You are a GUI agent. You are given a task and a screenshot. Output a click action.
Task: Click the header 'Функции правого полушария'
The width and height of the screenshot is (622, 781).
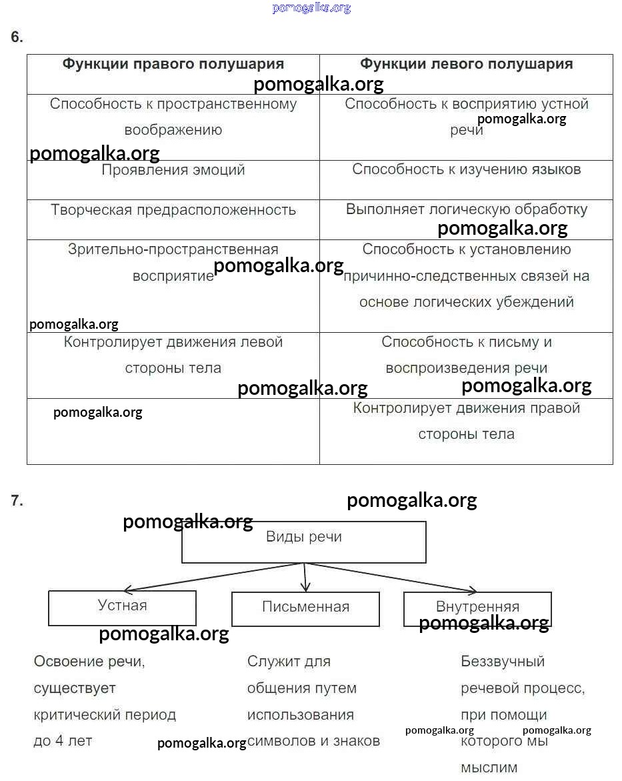pyautogui.click(x=173, y=64)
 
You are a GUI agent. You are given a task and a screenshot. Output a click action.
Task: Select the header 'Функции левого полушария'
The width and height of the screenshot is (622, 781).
pyautogui.click(x=466, y=64)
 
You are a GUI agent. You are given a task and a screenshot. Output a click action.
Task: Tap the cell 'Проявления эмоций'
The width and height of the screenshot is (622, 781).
pyautogui.click(x=173, y=170)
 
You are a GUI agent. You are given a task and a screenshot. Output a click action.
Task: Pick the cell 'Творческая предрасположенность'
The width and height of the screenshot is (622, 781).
pyautogui.click(x=173, y=210)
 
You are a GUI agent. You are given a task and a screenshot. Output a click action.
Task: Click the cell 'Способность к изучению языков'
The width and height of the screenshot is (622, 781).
pyautogui.click(x=466, y=169)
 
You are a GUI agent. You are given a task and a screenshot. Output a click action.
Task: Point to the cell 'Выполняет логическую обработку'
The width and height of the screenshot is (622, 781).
pyautogui.click(x=466, y=209)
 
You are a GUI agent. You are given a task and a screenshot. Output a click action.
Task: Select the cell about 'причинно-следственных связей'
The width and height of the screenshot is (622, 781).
pyautogui.click(x=466, y=276)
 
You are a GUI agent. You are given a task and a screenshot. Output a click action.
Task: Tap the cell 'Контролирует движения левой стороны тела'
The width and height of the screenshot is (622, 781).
pyautogui.click(x=173, y=355)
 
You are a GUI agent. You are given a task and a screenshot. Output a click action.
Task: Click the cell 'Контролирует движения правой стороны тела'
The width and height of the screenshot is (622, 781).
pyautogui.click(x=466, y=421)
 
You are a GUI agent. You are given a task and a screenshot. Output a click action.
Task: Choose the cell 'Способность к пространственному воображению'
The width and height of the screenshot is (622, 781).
pyautogui.click(x=173, y=117)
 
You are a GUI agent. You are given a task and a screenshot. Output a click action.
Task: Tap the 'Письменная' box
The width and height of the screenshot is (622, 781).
pyautogui.click(x=305, y=608)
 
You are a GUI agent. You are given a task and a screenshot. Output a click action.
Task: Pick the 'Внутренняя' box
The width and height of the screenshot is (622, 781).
pyautogui.click(x=477, y=608)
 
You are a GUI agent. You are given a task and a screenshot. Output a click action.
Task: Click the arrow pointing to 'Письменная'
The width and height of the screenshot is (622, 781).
pyautogui.click(x=305, y=578)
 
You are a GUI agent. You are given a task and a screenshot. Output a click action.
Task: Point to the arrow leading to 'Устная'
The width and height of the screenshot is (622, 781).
pyautogui.click(x=213, y=577)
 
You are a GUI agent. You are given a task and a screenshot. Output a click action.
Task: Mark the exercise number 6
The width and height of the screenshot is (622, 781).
pyautogui.click(x=17, y=38)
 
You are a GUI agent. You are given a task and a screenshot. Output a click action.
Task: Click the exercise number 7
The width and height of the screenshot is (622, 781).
pyautogui.click(x=17, y=501)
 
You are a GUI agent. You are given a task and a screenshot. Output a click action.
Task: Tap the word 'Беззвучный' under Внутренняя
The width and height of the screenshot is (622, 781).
pyautogui.click(x=503, y=662)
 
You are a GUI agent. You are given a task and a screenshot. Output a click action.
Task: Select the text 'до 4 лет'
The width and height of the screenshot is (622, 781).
pyautogui.click(x=63, y=741)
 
